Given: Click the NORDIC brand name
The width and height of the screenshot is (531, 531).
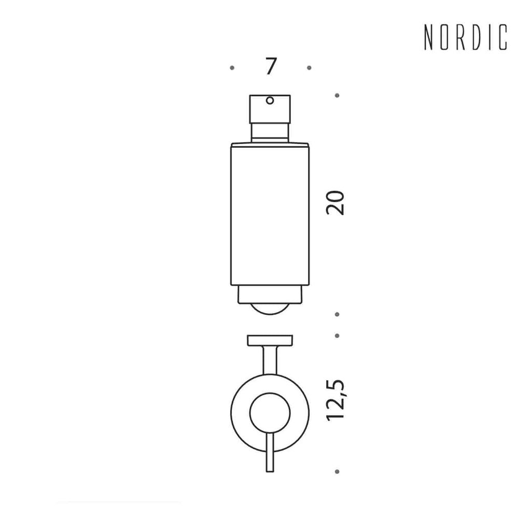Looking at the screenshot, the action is [x=466, y=37].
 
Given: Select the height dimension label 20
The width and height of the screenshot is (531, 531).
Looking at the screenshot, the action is [x=335, y=203].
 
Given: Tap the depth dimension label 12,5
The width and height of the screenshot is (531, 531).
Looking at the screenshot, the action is [x=336, y=400].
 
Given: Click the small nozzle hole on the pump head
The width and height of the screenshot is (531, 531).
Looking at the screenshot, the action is [x=270, y=101].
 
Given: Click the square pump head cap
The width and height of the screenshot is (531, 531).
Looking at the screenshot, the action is [x=270, y=109].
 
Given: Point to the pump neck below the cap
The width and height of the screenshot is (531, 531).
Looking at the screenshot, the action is [x=270, y=133].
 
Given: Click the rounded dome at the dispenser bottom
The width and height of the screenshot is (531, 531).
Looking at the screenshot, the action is [x=270, y=309].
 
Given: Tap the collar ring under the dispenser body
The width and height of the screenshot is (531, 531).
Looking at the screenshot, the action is [x=270, y=294].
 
